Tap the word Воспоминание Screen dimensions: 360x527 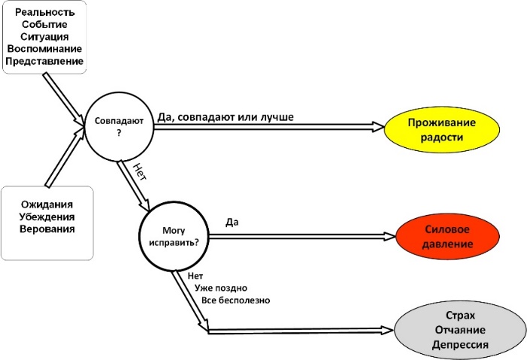[x=44, y=48]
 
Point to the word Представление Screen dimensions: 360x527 [x=44, y=61]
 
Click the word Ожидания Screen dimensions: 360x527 [x=47, y=204]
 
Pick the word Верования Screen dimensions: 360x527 [x=47, y=228]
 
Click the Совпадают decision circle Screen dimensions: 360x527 [x=119, y=125]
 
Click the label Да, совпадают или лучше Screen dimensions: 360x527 [x=226, y=117]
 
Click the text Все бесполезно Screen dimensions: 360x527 [x=235, y=301]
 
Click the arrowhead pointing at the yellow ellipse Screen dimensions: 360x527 [x=378, y=129]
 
